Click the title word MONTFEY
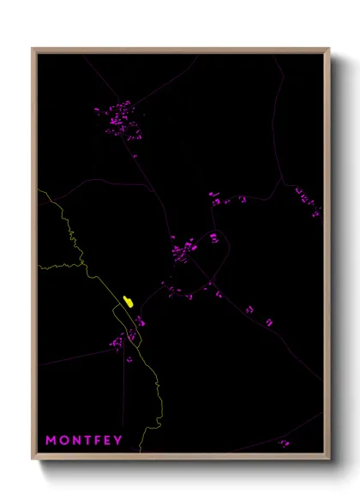[x=84, y=441]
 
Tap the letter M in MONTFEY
[x=51, y=441]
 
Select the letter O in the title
[x=63, y=441]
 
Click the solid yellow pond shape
[x=128, y=302]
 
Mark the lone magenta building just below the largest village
[x=134, y=156]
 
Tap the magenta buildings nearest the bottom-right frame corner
[x=283, y=443]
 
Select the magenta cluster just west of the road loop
[x=182, y=250]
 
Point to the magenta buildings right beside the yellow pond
[x=138, y=321]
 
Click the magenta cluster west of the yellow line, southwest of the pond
[x=116, y=343]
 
